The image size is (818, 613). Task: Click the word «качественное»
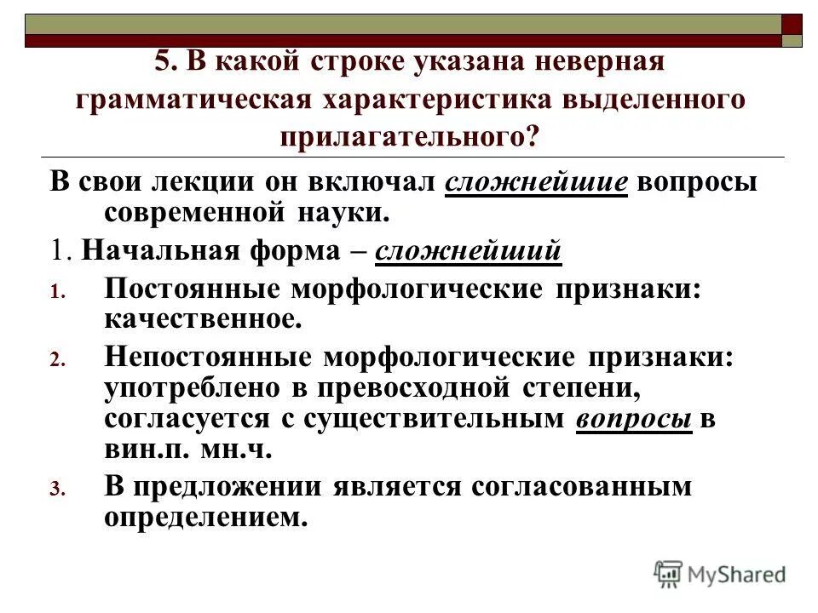pyautogui.click(x=203, y=319)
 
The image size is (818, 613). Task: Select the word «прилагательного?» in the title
pyautogui.click(x=408, y=135)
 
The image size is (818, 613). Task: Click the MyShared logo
pyautogui.click(x=720, y=574)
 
